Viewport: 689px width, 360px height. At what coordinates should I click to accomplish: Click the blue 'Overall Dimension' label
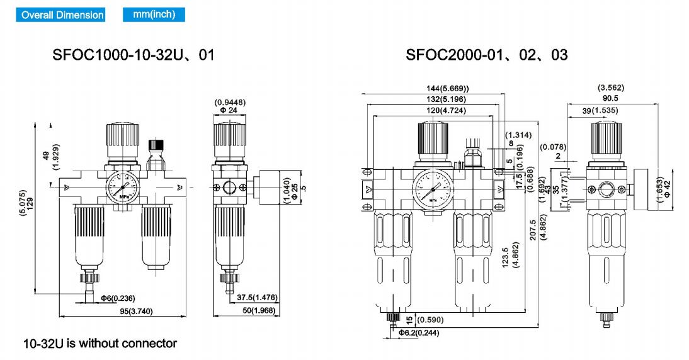point(62,14)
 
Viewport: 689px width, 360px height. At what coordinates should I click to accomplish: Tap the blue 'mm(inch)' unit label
point(149,14)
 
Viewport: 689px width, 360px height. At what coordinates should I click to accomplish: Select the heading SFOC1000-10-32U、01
point(133,55)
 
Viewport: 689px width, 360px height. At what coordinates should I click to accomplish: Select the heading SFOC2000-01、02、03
point(486,55)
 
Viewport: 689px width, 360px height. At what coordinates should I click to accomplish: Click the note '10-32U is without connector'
point(100,344)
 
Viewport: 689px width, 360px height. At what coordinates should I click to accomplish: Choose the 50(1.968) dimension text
point(260,311)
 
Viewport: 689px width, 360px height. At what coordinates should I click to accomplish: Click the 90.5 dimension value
point(610,98)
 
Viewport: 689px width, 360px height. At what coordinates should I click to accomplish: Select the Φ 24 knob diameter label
point(227,111)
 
